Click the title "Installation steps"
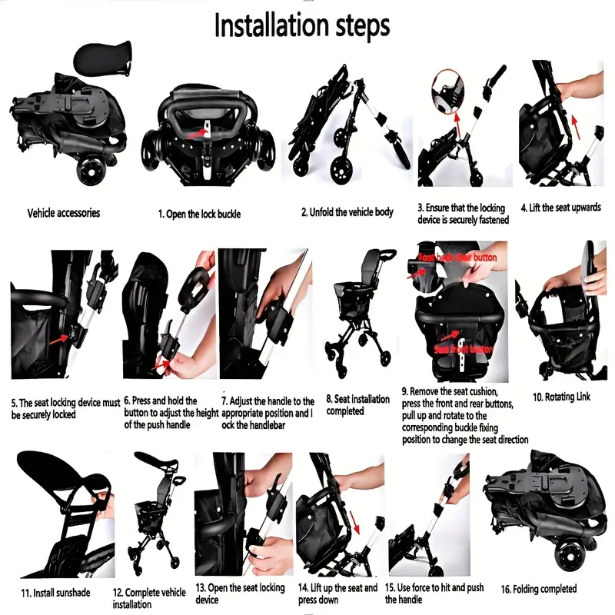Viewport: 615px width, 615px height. pos(301,25)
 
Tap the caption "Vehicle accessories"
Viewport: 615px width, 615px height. pos(64,213)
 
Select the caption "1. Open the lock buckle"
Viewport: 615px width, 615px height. pos(199,214)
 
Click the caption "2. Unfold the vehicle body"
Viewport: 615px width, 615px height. pos(347,212)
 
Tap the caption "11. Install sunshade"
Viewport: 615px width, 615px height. pos(52,593)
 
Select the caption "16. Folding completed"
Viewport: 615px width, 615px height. pos(539,589)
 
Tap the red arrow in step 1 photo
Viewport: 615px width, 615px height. pos(201,132)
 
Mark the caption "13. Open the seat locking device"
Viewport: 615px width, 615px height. pos(240,593)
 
